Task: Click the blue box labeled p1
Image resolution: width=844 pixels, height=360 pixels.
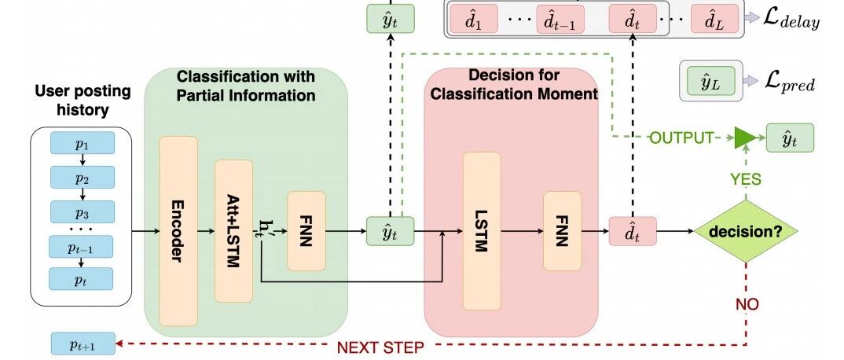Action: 83,143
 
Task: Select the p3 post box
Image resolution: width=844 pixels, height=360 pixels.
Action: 83,212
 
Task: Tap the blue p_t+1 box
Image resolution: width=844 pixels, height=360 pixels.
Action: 83,344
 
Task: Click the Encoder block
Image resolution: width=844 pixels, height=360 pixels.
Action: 178,231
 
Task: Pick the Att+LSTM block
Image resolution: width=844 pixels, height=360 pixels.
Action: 233,231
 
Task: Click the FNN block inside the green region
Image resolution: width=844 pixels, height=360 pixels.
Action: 306,231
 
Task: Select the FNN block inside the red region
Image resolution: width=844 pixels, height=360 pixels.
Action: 563,231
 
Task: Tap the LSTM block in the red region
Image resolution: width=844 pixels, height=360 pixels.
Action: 483,231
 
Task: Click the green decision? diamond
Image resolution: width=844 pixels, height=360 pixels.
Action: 746,231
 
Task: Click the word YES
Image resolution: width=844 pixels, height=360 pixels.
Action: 746,178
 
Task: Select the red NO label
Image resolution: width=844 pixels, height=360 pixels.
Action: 747,304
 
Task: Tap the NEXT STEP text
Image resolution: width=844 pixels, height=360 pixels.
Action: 380,347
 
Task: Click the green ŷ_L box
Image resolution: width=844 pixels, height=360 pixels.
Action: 710,81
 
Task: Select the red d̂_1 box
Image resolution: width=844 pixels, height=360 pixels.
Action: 473,19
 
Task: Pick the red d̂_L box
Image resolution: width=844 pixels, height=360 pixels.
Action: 714,19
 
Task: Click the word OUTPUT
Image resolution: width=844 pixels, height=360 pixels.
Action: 681,138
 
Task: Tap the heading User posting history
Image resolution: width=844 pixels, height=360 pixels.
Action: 83,101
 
